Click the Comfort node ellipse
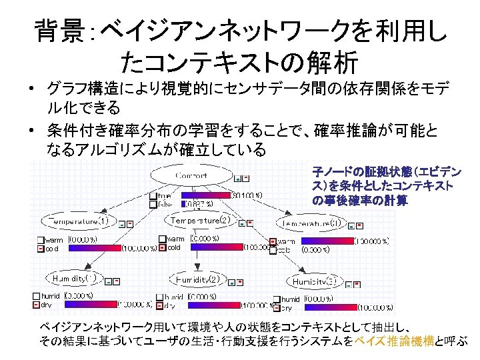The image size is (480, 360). pos(191,176)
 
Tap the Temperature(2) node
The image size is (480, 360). pos(200,220)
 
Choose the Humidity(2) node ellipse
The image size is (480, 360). pos(197,279)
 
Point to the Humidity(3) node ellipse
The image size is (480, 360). pos(313,282)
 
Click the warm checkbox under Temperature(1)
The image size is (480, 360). pos(41,240)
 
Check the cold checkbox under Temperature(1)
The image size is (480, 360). pos(41,249)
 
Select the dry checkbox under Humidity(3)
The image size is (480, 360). pos(275,309)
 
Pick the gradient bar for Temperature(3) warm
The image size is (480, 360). pos(324,241)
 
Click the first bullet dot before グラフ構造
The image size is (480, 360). pos(33,89)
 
